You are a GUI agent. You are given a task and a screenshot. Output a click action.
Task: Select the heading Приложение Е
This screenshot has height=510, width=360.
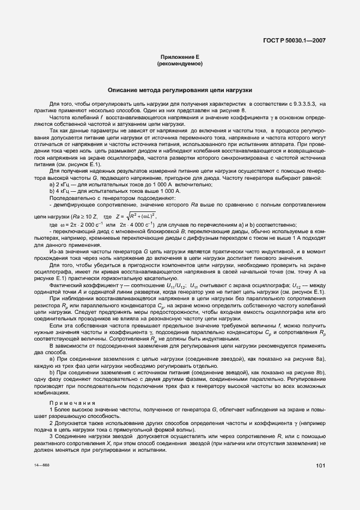pos(180,57)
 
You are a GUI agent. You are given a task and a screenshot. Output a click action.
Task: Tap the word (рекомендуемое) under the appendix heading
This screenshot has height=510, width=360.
pos(180,64)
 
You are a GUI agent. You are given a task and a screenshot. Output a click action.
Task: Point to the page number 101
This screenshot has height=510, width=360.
pos(320,465)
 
